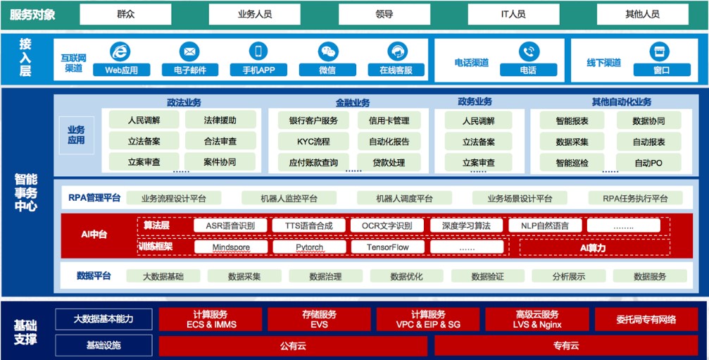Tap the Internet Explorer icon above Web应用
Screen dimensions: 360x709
121,52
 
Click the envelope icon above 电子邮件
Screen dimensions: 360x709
189,52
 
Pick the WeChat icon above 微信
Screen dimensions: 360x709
327,52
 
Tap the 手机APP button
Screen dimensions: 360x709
258,70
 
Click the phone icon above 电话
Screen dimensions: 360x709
528,52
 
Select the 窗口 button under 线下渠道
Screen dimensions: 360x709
661,70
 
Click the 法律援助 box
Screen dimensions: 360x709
220,120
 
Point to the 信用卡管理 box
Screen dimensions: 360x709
389,120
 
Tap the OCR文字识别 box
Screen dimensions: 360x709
387,225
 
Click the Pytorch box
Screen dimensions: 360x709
308,247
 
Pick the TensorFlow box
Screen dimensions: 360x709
387,247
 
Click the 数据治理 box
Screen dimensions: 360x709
325,276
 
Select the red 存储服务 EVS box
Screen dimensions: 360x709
319,319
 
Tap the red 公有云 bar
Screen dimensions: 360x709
294,345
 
